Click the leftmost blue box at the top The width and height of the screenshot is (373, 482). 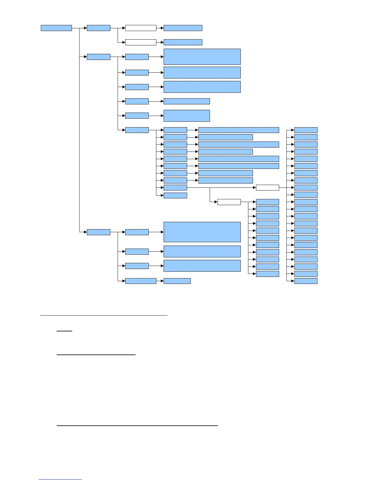pos(56,28)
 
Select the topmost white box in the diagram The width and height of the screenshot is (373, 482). pos(140,28)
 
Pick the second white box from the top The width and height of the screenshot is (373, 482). pos(140,42)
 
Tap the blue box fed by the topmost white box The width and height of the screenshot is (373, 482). pos(183,28)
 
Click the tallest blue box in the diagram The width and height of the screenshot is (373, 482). pos(202,232)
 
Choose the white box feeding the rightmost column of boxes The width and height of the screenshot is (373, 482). pos(267,187)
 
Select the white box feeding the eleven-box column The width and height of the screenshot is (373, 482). pos(229,202)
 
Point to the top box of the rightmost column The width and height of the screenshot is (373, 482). pos(306,130)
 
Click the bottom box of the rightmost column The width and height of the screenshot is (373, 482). pos(306,281)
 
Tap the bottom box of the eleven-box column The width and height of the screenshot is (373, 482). pos(267,274)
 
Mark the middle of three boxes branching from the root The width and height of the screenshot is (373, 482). pos(98,57)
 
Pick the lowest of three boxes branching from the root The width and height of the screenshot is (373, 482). pos(98,232)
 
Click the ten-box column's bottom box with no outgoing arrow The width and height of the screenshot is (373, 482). pos(175,195)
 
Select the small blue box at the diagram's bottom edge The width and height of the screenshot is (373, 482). pos(177,281)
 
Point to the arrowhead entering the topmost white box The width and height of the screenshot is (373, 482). pos(123,28)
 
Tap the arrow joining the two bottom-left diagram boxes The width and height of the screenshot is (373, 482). pos(160,281)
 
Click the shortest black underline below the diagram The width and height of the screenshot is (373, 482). pos(64,330)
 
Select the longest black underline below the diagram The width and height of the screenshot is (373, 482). pos(137,425)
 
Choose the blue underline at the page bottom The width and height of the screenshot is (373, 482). pos(60,479)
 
